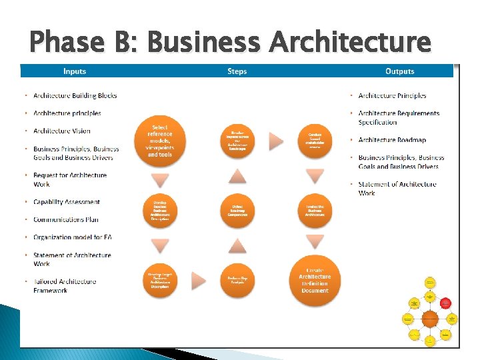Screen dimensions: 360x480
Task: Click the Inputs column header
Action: tap(75, 71)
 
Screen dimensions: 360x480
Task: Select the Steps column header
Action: tap(237, 71)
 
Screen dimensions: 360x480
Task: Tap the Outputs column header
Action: tap(399, 71)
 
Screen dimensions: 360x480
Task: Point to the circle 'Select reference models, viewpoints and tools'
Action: tap(159, 141)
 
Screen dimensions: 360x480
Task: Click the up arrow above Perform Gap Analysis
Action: tap(238, 246)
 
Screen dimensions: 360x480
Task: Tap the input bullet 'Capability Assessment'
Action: tap(67, 202)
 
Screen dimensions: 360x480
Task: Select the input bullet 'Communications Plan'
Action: tap(66, 219)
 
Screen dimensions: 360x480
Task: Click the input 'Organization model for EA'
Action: tap(72, 237)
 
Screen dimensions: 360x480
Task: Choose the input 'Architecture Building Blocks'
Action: tap(75, 95)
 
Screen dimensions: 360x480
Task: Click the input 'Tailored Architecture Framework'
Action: tap(65, 286)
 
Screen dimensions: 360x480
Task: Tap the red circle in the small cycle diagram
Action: tap(448, 302)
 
